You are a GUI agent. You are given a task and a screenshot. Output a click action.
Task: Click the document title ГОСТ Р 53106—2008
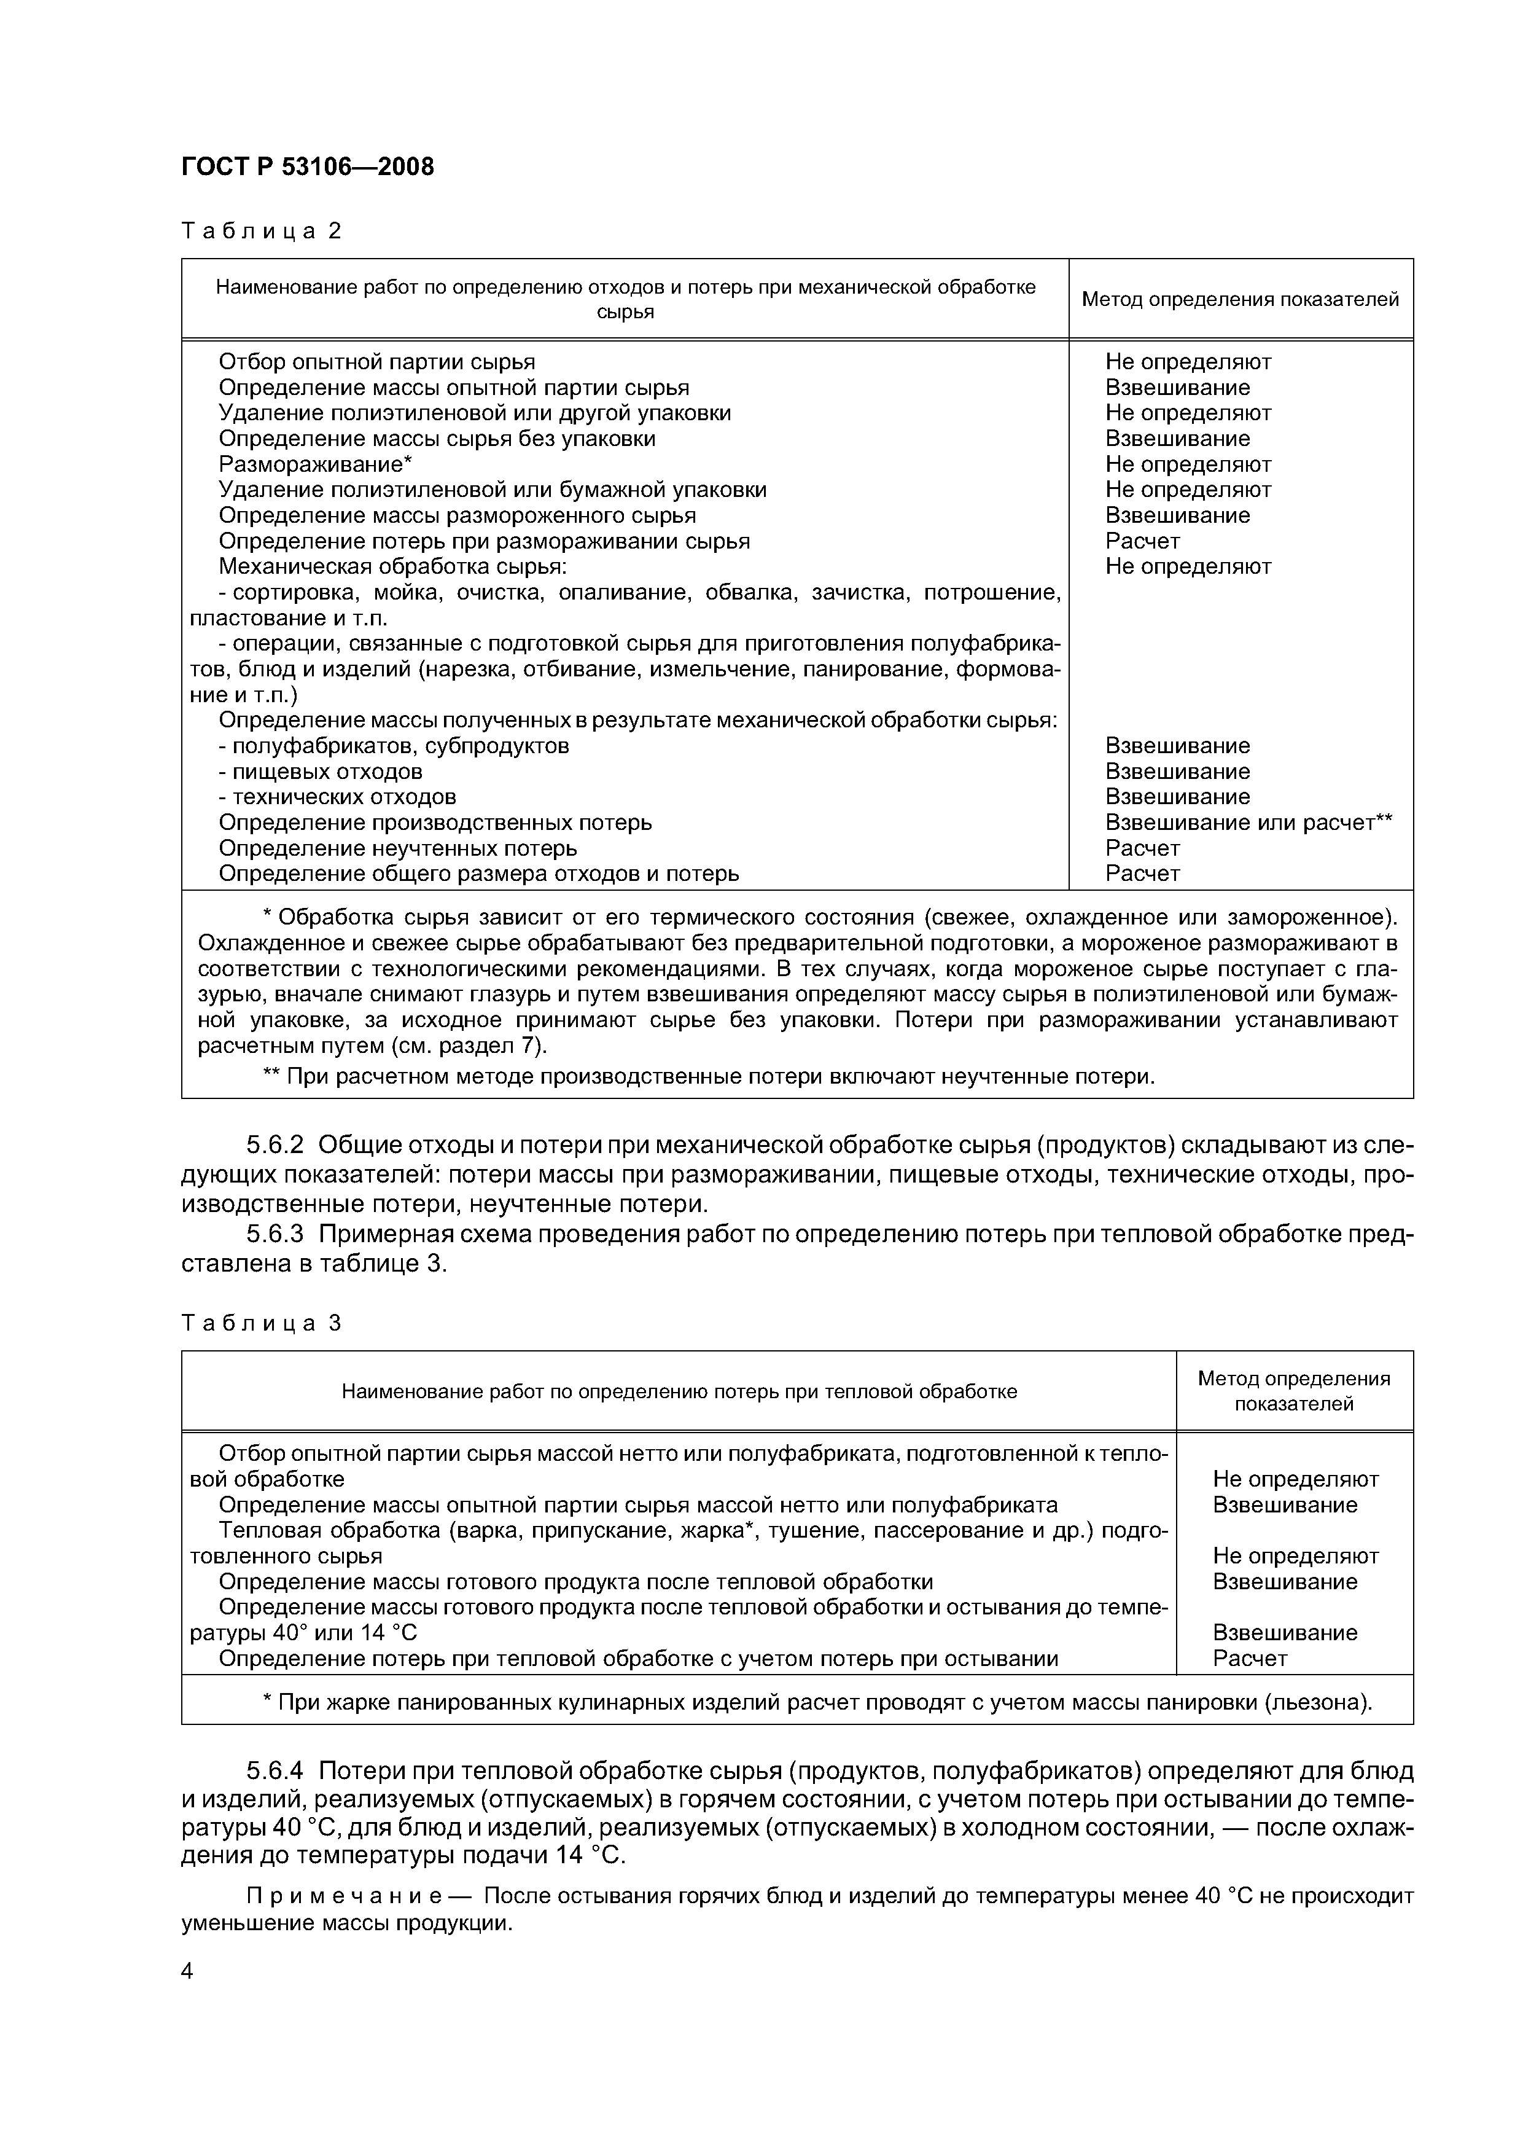[x=307, y=167]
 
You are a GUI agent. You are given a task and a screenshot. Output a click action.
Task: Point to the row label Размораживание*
[x=315, y=464]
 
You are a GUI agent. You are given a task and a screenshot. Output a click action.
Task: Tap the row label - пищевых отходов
[x=320, y=772]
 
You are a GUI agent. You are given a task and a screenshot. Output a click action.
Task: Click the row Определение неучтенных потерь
[x=398, y=848]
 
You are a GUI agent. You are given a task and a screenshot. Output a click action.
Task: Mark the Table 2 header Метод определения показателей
[x=1240, y=299]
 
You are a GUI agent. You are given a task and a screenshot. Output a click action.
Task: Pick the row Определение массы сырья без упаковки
[x=437, y=439]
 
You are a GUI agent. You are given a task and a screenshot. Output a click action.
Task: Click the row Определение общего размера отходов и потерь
[x=478, y=874]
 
